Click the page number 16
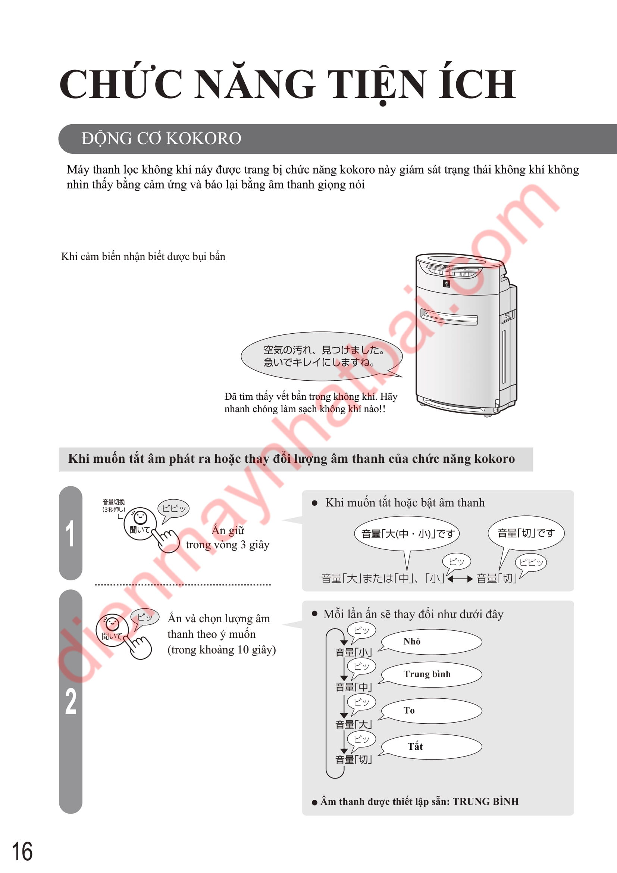click(x=22, y=851)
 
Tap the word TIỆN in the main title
click(x=376, y=84)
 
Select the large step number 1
click(x=70, y=533)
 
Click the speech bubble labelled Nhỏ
click(x=430, y=642)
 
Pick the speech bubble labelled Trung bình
click(x=430, y=674)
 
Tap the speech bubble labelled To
click(x=430, y=711)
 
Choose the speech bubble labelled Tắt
click(x=430, y=747)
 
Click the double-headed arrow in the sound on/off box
click(x=460, y=579)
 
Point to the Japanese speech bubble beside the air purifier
click(x=322, y=356)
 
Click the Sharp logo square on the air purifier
click(x=446, y=283)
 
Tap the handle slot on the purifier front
click(x=449, y=317)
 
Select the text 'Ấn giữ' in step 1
click(x=228, y=530)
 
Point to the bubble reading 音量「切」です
click(x=526, y=533)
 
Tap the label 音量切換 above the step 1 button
click(x=114, y=502)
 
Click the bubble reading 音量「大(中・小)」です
click(x=407, y=533)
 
